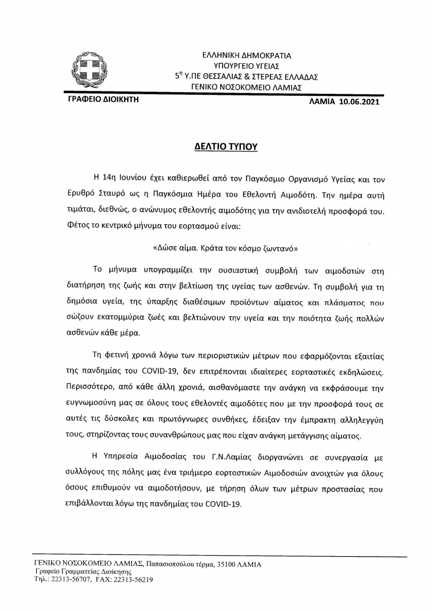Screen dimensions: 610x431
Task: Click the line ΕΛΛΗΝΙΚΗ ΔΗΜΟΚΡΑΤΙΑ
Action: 247,56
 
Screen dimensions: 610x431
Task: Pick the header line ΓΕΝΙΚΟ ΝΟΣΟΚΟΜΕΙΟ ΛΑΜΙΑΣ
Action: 247,87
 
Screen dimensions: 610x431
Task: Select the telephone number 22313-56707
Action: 70,579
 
